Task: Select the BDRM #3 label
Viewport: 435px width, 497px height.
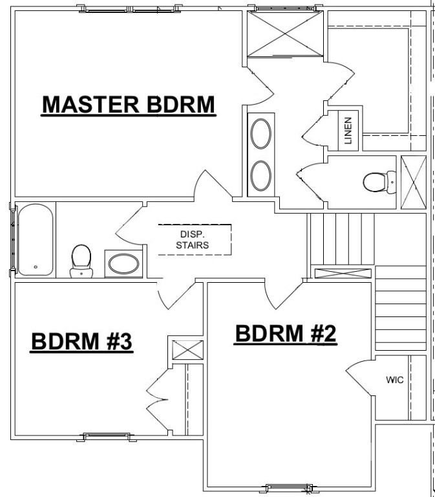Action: click(82, 342)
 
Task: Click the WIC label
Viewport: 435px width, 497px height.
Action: click(394, 380)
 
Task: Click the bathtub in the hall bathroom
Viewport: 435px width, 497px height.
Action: click(35, 240)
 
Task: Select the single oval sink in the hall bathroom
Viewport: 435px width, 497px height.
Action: click(122, 265)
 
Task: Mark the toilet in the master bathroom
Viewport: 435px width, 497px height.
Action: click(376, 182)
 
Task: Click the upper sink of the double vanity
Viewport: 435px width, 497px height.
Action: click(261, 133)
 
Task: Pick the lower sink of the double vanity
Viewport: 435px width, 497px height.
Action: click(261, 175)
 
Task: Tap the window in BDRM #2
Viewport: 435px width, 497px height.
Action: click(286, 487)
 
